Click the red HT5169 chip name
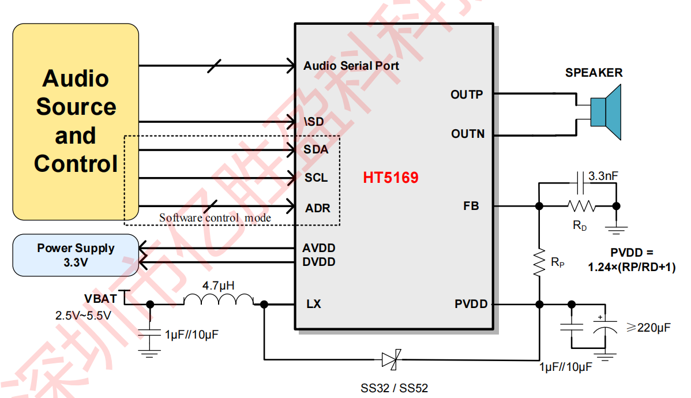(390, 178)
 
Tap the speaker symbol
(606, 112)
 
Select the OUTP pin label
(467, 95)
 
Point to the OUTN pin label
(468, 134)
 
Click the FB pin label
(471, 206)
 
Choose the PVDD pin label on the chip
(471, 304)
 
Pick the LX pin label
(314, 304)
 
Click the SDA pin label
(316, 149)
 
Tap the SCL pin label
(316, 178)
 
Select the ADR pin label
(318, 208)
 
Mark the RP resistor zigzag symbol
(539, 262)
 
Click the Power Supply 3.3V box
(76, 255)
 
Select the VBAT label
(100, 298)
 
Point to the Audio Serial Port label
(351, 66)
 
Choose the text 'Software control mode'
(215, 217)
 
